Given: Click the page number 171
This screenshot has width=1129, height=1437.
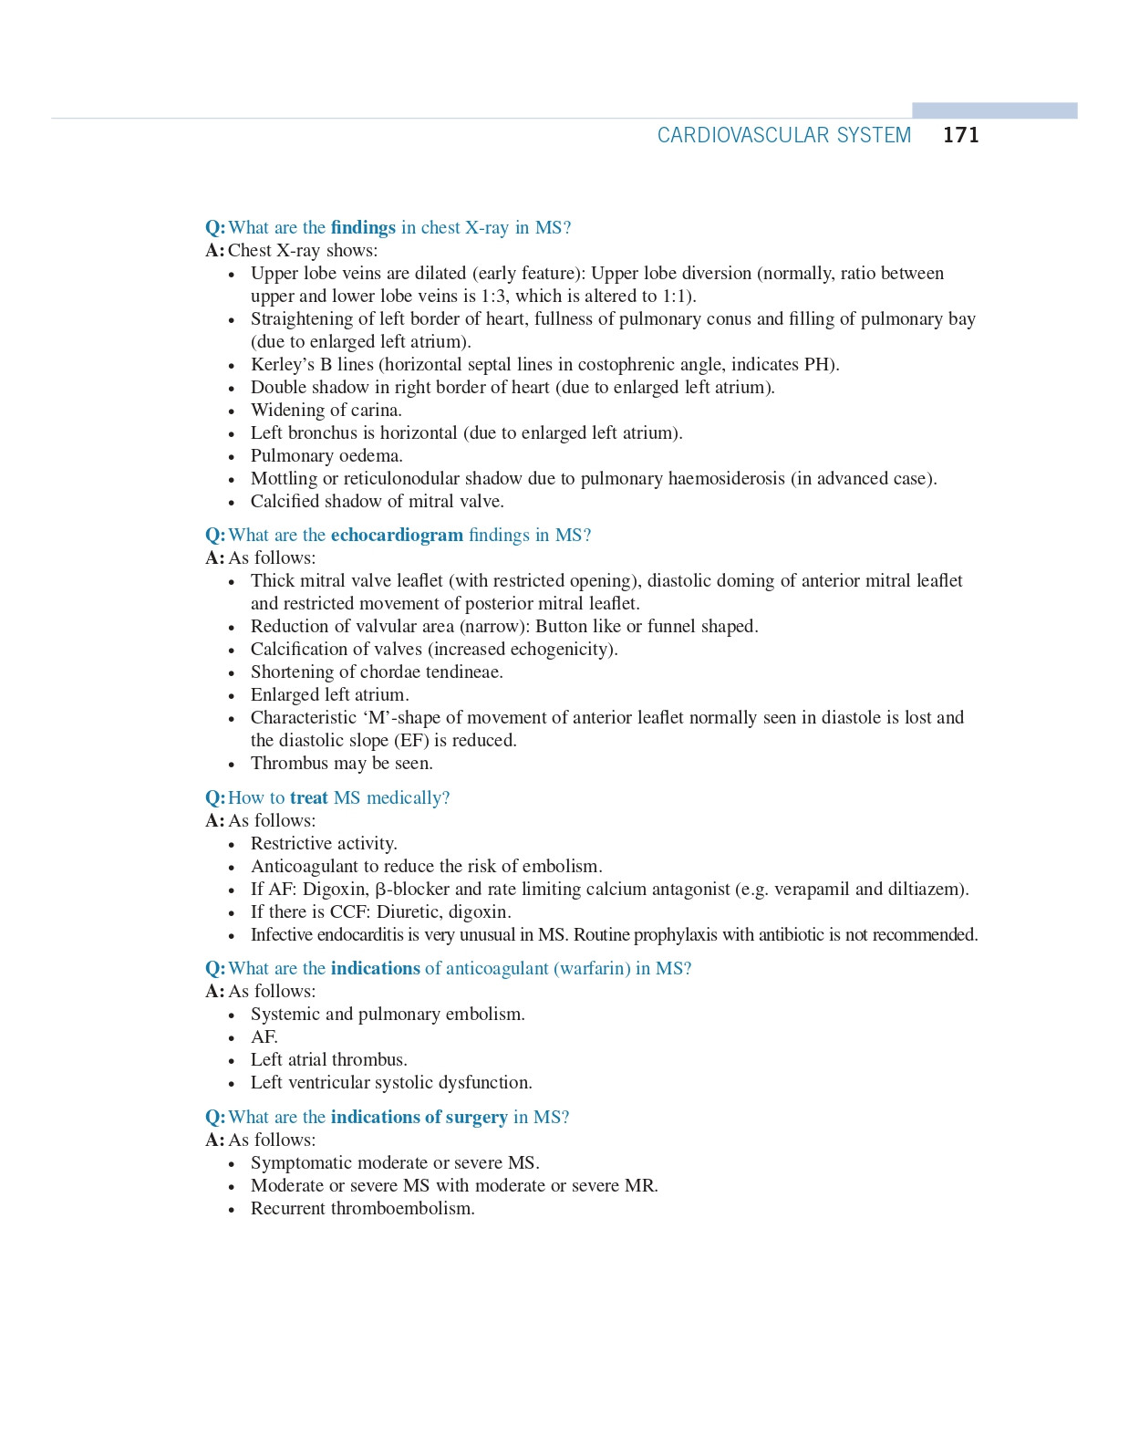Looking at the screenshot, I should (960, 135).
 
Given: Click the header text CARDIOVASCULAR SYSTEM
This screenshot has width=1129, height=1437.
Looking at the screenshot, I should (783, 135).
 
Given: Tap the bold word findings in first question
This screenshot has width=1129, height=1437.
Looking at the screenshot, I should (363, 227).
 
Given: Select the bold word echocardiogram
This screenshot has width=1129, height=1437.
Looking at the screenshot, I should (397, 535).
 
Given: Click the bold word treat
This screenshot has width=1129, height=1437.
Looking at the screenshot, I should (308, 797).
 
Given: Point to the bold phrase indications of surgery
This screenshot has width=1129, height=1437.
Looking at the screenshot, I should (419, 1117).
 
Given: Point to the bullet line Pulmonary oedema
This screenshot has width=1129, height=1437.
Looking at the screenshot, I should (326, 455).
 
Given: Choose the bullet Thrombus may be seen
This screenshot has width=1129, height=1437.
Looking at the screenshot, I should (342, 763).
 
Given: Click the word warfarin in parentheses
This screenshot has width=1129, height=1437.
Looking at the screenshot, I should (592, 968).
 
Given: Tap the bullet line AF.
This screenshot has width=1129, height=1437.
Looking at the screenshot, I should (264, 1036).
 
